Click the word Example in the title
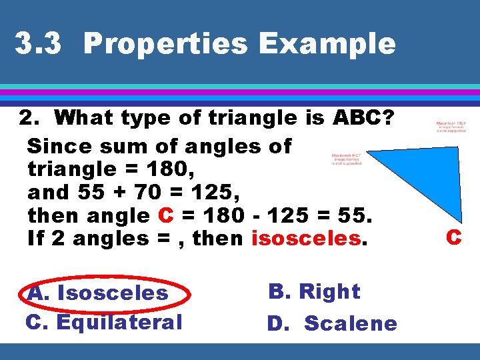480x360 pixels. [x=327, y=44]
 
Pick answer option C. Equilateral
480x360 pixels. [x=103, y=322]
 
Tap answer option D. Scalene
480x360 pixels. [x=332, y=323]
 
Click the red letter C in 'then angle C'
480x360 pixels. [x=167, y=215]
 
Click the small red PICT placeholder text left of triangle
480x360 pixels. [x=347, y=159]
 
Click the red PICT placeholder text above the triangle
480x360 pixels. [x=451, y=127]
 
